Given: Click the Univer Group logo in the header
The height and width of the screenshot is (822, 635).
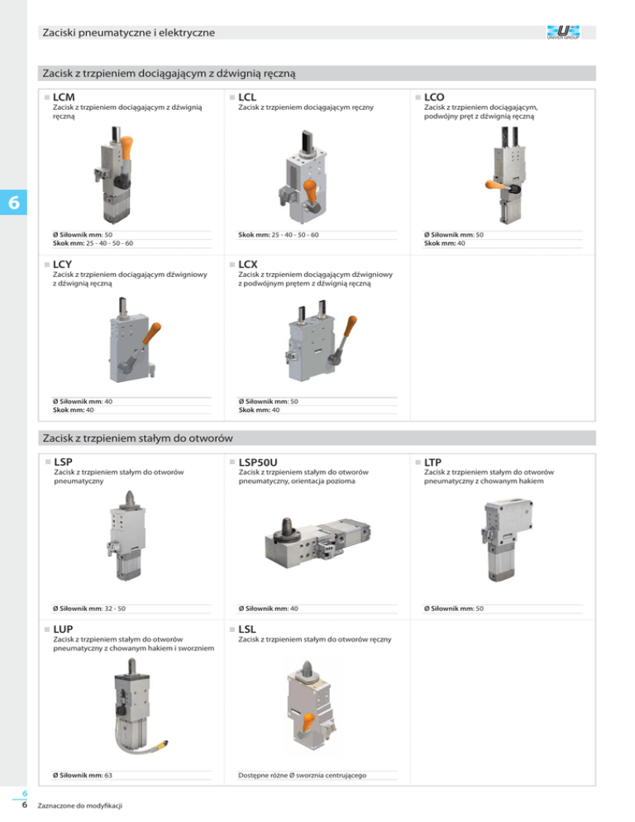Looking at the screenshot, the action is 563,32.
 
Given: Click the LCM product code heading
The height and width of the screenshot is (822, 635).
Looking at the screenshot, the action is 64,97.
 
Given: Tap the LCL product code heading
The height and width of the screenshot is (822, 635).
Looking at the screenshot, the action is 247,97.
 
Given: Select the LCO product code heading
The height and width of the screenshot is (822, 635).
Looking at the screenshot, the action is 434,97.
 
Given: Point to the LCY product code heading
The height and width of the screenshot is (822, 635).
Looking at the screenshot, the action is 62,265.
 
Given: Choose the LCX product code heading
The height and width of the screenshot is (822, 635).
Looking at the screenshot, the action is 248,265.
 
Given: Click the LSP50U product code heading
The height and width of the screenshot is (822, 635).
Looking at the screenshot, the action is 258,461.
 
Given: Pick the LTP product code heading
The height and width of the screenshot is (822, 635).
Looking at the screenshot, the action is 432,461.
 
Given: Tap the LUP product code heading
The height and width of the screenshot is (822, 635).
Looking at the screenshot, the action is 63,629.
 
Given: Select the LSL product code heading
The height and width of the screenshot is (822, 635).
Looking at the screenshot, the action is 247,629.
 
